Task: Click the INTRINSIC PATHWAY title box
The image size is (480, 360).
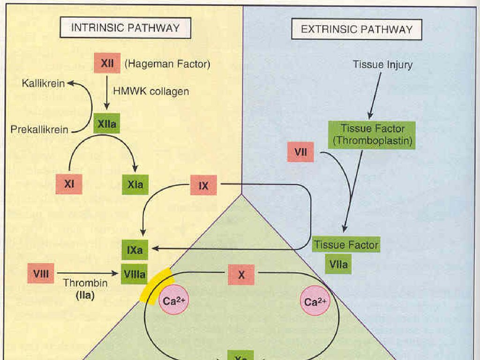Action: (125, 28)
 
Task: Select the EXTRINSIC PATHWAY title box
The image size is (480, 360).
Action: (357, 30)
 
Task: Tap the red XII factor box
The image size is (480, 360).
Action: (107, 64)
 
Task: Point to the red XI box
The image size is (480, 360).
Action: (69, 184)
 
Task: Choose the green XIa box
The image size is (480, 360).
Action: (135, 185)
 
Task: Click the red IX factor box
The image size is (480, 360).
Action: (203, 186)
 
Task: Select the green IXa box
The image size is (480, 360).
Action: (135, 251)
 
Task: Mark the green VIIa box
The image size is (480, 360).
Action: (338, 264)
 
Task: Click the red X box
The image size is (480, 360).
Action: (241, 275)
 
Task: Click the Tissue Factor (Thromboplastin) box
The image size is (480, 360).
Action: (373, 135)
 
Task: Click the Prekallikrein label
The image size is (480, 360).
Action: (39, 129)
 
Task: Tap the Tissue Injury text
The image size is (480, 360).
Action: (382, 64)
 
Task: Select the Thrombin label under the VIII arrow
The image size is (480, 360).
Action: (85, 283)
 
